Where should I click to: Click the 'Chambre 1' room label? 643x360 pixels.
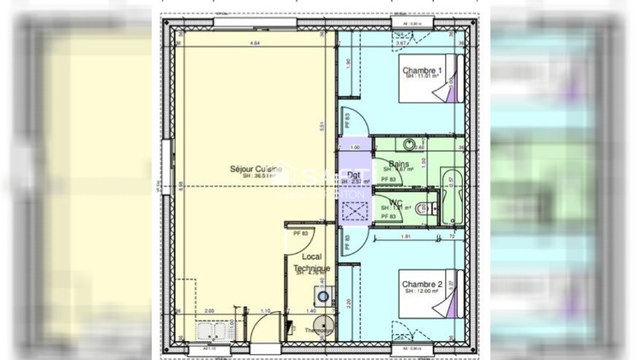(423, 70)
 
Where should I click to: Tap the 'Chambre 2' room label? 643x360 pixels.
(422, 284)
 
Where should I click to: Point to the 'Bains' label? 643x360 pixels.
(399, 164)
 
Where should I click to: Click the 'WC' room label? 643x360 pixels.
(397, 202)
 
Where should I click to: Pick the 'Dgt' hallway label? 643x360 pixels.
(353, 176)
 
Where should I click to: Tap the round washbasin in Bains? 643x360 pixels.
(410, 143)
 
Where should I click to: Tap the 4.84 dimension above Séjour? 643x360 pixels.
(254, 43)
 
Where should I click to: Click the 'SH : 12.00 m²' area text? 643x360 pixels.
(422, 292)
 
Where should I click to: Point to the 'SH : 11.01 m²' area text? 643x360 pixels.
(421, 78)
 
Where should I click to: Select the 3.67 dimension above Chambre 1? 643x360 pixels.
(403, 43)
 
